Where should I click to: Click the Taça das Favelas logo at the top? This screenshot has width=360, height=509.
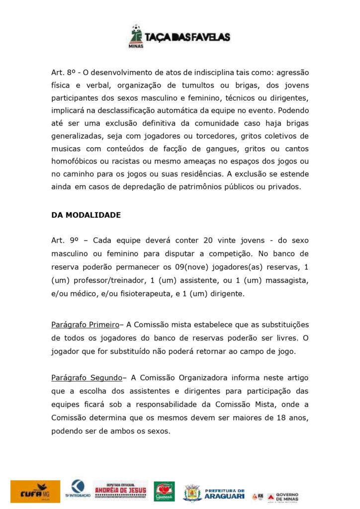point(180,36)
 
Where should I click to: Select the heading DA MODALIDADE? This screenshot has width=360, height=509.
point(86,215)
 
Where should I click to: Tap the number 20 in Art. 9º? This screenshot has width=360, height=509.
point(208,240)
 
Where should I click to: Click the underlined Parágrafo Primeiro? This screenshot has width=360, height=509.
point(85,325)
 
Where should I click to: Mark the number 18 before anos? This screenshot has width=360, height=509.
point(280,418)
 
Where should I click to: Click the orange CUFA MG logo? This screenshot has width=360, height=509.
point(35,491)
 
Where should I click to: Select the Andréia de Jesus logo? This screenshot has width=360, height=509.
point(120,490)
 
